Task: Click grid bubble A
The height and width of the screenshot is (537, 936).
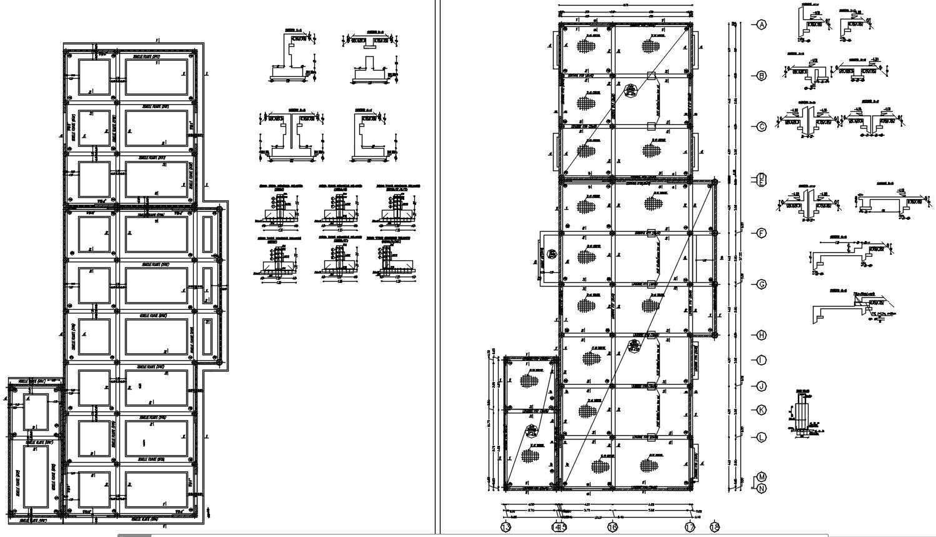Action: coord(761,25)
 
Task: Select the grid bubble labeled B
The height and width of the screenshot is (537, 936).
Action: coord(761,76)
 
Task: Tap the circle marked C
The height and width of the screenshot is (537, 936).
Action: coord(761,127)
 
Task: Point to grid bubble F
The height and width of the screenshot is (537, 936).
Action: coord(761,234)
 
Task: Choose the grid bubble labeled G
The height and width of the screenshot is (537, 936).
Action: coord(761,285)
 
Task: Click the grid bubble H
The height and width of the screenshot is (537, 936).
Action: coord(761,335)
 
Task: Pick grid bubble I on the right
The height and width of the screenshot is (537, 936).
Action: coord(761,360)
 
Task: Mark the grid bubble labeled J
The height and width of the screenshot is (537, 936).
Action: coord(761,387)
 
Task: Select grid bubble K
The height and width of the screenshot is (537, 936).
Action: coord(761,410)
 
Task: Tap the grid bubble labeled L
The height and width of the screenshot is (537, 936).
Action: coord(761,436)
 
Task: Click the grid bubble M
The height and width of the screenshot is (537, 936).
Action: coord(761,478)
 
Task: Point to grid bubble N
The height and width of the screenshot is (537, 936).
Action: coord(761,488)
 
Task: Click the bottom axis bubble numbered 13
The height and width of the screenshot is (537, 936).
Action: coord(505,528)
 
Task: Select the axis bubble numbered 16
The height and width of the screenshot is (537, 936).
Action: coord(612,528)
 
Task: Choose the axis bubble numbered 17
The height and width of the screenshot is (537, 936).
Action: coord(690,528)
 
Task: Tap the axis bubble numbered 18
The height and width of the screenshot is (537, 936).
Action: coord(715,528)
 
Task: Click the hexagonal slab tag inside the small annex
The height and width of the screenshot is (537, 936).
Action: coord(531,431)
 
